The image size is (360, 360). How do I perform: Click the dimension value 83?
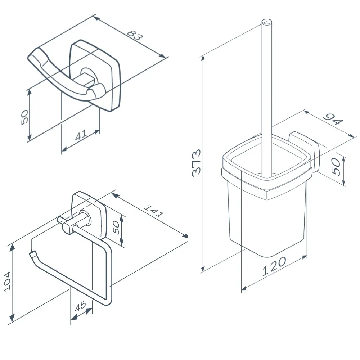[x=135, y=35]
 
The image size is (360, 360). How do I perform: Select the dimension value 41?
[x=81, y=135]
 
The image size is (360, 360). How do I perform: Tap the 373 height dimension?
[x=196, y=163]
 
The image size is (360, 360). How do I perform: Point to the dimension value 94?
[x=333, y=119]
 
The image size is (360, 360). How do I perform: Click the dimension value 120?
[x=274, y=266]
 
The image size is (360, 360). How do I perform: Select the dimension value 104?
[x=7, y=282]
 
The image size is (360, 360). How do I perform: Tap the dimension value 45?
[x=81, y=306]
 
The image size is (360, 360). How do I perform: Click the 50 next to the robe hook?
[x=24, y=117]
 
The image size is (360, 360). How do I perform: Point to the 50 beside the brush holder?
[x=336, y=166]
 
